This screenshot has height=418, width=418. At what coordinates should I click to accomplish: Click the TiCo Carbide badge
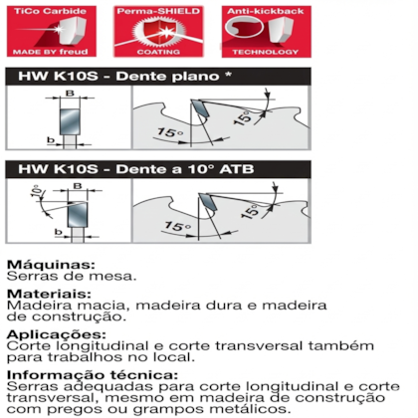tap(52, 32)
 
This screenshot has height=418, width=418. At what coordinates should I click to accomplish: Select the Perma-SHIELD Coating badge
tap(158, 32)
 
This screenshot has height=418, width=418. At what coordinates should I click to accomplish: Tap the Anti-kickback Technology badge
tap(267, 32)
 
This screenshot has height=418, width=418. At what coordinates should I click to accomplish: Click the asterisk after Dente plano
tap(228, 75)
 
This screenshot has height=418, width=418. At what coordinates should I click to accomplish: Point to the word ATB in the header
tap(237, 169)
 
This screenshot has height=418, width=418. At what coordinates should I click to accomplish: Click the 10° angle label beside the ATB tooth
tap(37, 191)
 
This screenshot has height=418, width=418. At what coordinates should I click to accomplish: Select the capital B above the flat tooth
tap(70, 94)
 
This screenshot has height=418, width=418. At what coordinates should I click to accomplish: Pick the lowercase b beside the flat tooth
tap(51, 140)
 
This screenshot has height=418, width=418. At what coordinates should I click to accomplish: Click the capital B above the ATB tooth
tap(78, 186)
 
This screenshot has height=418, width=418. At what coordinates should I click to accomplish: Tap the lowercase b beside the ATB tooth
tap(59, 232)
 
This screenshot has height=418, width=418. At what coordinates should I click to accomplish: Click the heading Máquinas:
tap(51, 265)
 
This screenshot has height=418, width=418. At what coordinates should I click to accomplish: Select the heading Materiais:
tap(49, 294)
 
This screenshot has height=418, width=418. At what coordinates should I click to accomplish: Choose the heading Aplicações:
tap(57, 334)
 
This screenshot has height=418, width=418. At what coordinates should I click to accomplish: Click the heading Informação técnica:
tap(93, 375)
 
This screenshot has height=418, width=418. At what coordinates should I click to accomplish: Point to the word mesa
tap(115, 277)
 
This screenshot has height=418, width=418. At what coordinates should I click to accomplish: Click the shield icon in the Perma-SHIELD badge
tap(158, 32)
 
